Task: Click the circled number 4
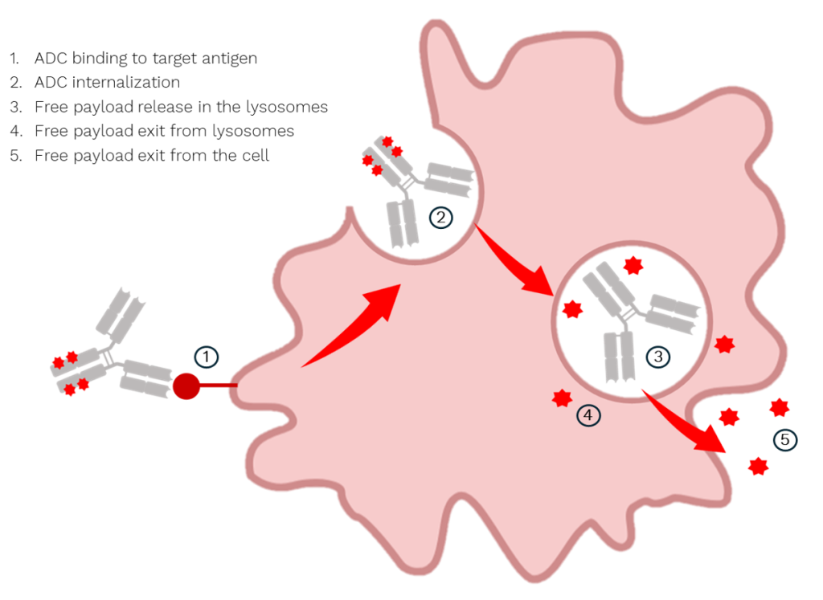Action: click(588, 415)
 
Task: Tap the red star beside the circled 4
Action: click(562, 398)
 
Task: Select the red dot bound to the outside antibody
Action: click(186, 386)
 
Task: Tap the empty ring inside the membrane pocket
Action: click(440, 216)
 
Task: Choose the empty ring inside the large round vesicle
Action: click(657, 356)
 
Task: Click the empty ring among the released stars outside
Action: click(784, 439)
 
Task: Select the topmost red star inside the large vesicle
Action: click(633, 265)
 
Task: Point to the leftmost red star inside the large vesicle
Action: click(572, 308)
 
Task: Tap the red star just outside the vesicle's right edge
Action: click(724, 344)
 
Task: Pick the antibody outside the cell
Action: click(113, 353)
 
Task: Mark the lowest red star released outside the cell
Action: click(758, 466)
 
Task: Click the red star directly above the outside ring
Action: click(778, 407)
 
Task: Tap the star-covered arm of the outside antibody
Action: click(76, 374)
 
